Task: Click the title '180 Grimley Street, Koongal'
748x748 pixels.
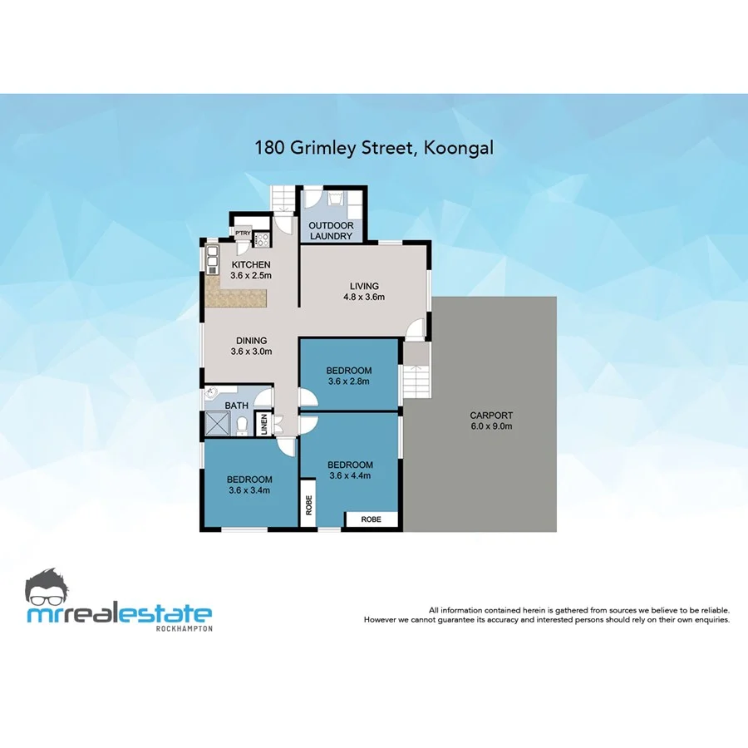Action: pos(373,149)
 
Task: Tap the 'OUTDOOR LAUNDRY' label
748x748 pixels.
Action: pos(331,231)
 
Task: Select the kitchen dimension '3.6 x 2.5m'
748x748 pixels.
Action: pos(251,275)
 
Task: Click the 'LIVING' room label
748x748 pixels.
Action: pos(364,287)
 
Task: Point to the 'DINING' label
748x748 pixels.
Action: pos(251,340)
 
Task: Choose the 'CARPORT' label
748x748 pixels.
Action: pos(491,416)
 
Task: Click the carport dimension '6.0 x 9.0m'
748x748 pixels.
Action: pos(491,426)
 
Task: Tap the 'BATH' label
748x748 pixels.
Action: pos(237,406)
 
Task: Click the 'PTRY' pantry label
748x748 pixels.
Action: pos(243,234)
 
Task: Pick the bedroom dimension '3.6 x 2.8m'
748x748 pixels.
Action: pos(348,381)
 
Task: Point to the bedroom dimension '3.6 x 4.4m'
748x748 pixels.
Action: pos(350,475)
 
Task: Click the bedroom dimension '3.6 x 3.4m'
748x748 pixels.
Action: pos(250,490)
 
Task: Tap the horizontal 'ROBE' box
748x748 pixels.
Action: pos(372,519)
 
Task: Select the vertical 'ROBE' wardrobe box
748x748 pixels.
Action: pos(308,504)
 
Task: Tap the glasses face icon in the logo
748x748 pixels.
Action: pos(52,588)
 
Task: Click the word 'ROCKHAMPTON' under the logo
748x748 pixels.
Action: pos(185,628)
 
